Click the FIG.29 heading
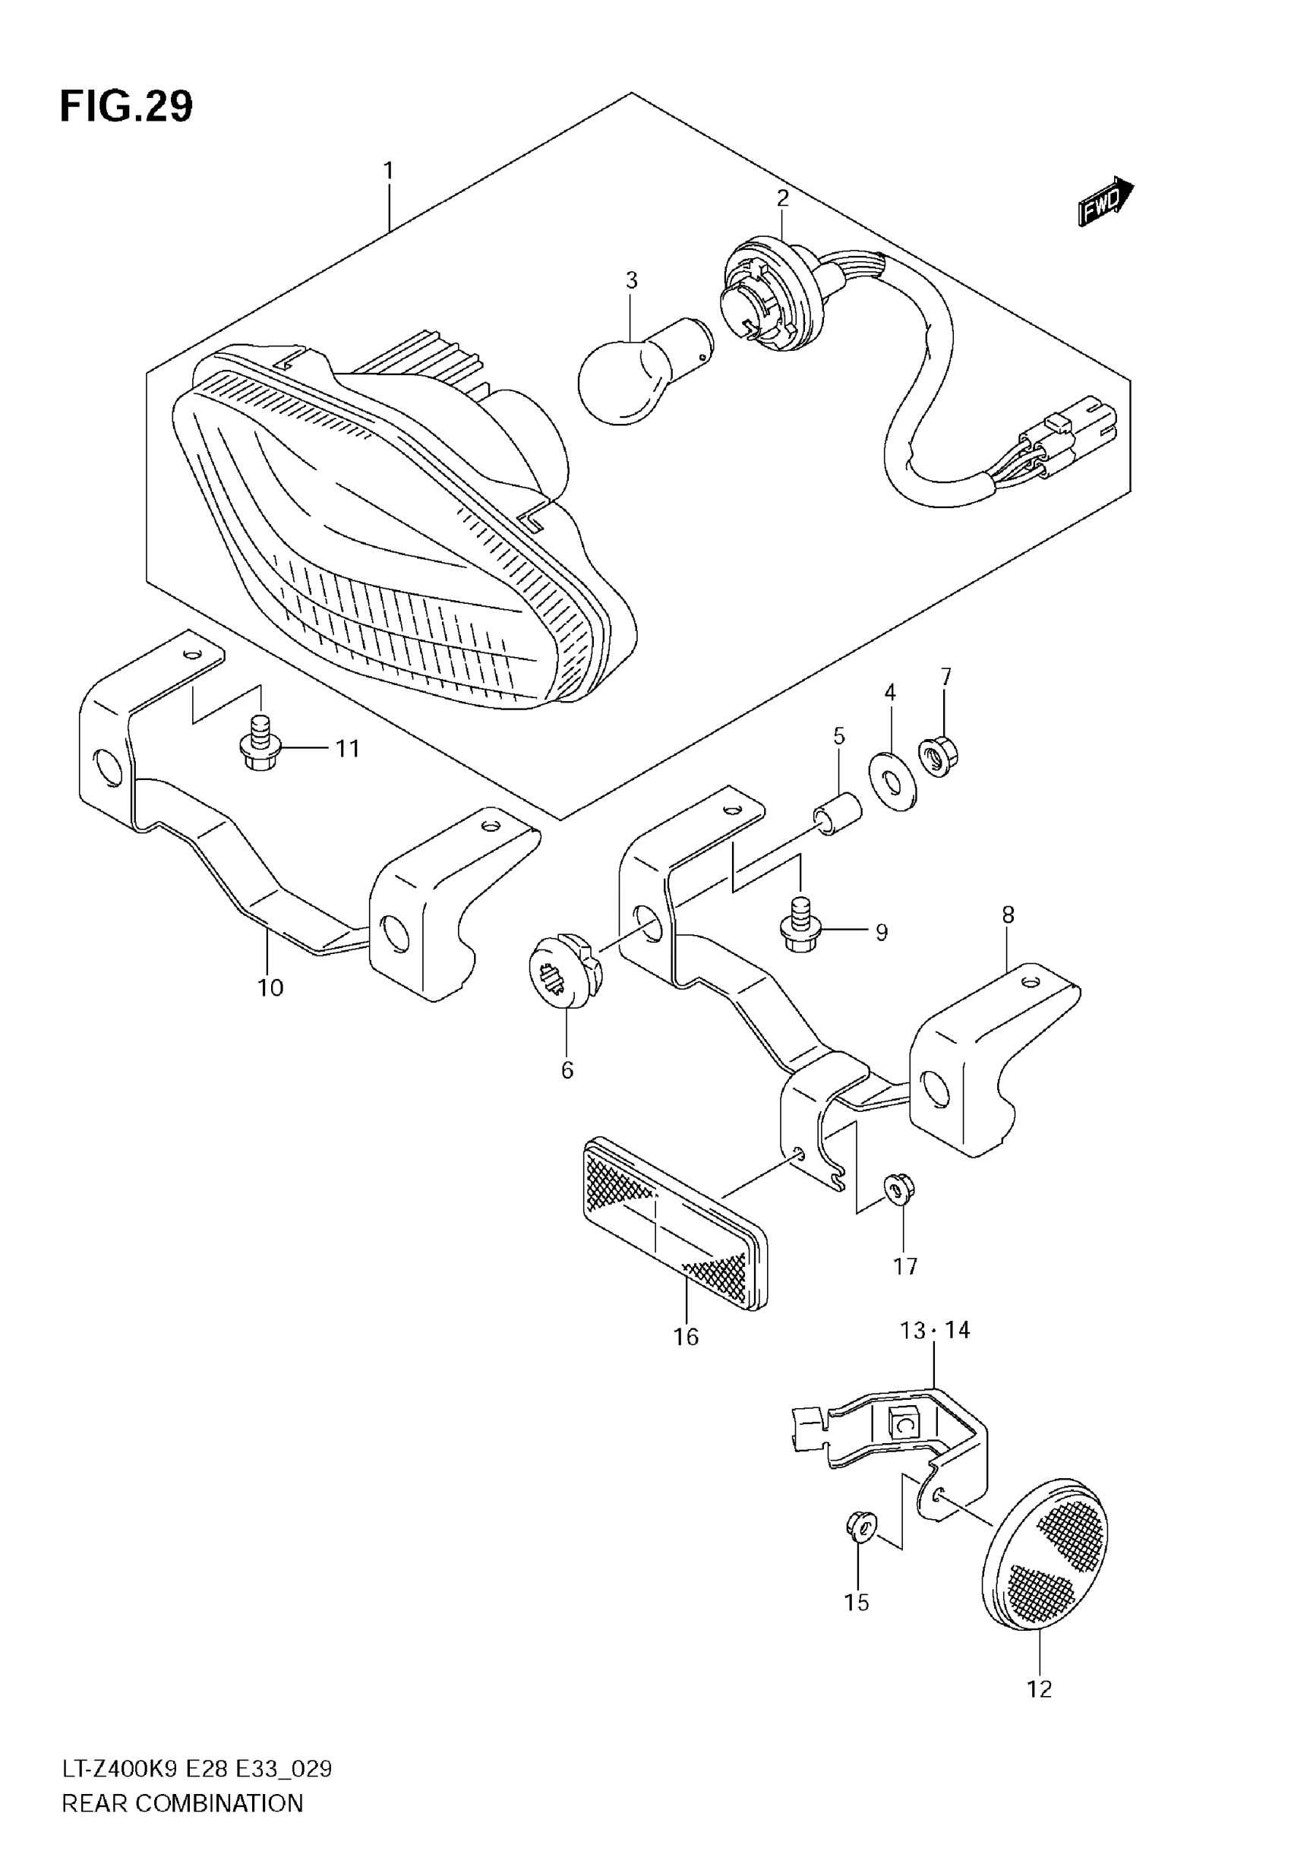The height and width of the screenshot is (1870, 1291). tap(127, 107)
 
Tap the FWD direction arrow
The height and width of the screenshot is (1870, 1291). tap(1105, 201)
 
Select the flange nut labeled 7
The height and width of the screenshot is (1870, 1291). tap(939, 760)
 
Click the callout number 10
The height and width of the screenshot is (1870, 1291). tap(270, 987)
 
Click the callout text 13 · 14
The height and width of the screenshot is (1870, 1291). tap(934, 1331)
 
